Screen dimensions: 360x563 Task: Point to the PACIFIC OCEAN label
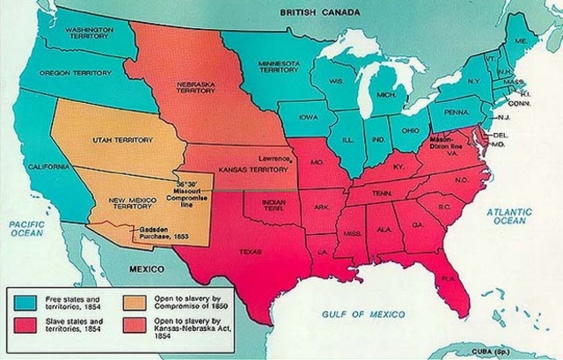pos(27,230)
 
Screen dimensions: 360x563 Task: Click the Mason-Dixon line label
pos(443,144)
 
